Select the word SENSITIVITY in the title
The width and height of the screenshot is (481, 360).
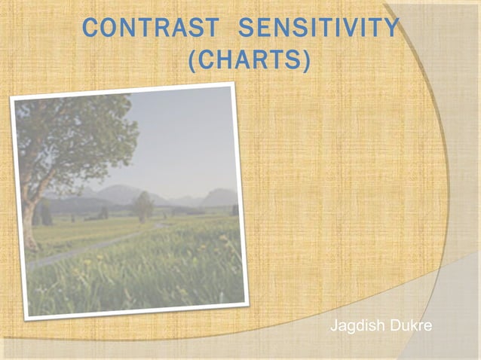[x=317, y=29]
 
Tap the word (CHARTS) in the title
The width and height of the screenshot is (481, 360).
[x=248, y=61]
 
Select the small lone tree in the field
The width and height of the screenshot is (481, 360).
[x=142, y=205]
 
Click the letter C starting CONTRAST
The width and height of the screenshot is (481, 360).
[x=90, y=29]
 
